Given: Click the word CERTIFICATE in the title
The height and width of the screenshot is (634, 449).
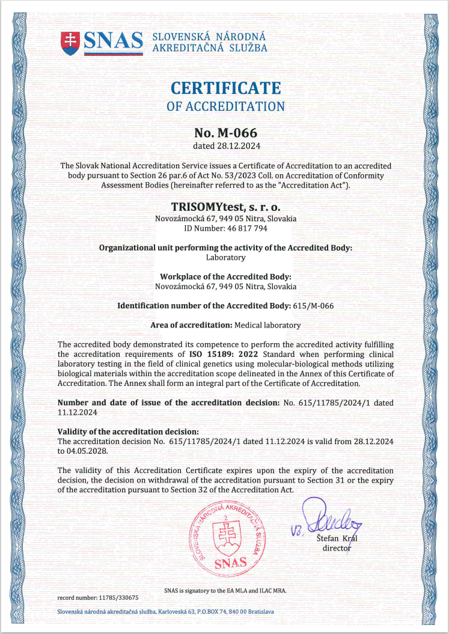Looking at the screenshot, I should pyautogui.click(x=225, y=88).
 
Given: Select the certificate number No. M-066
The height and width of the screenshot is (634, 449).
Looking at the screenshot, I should pyautogui.click(x=225, y=132).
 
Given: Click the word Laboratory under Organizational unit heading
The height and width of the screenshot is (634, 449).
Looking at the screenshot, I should pyautogui.click(x=225, y=257).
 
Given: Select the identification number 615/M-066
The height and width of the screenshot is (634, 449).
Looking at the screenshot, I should pyautogui.click(x=313, y=305).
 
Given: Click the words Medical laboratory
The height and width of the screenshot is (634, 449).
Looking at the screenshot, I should pyautogui.click(x=267, y=325).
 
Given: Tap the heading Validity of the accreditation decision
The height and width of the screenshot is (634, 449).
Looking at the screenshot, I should pyautogui.click(x=127, y=431).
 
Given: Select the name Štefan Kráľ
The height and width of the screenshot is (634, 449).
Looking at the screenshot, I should pyautogui.click(x=337, y=538).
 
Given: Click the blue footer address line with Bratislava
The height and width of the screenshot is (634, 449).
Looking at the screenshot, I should pyautogui.click(x=165, y=612).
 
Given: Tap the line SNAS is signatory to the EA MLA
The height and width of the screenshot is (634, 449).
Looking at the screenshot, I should pyautogui.click(x=225, y=590).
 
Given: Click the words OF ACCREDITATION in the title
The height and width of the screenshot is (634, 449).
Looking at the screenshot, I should pyautogui.click(x=225, y=106).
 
